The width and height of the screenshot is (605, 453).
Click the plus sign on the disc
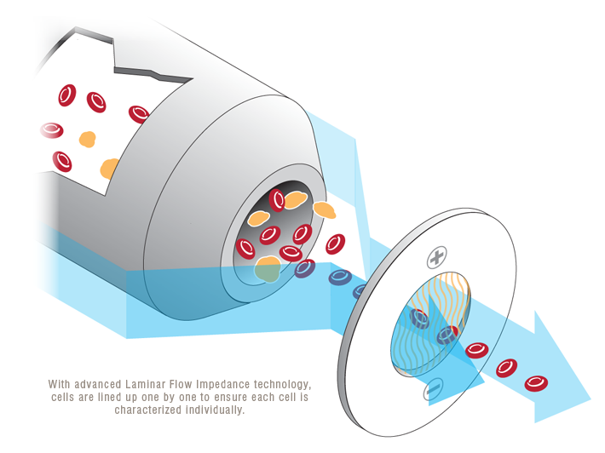[437, 255]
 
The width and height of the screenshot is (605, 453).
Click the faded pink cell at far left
[51, 130]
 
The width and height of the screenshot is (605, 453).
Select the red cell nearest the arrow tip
[536, 382]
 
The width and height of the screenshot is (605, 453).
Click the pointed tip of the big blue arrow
[590, 397]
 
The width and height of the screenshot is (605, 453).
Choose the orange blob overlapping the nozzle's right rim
[324, 209]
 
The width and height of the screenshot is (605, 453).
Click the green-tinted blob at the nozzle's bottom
[268, 269]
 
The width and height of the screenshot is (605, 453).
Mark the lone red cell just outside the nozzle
[335, 244]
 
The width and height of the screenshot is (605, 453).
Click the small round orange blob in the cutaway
[87, 139]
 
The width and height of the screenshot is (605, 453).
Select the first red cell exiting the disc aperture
[476, 350]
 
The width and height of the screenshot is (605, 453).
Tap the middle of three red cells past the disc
[507, 367]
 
